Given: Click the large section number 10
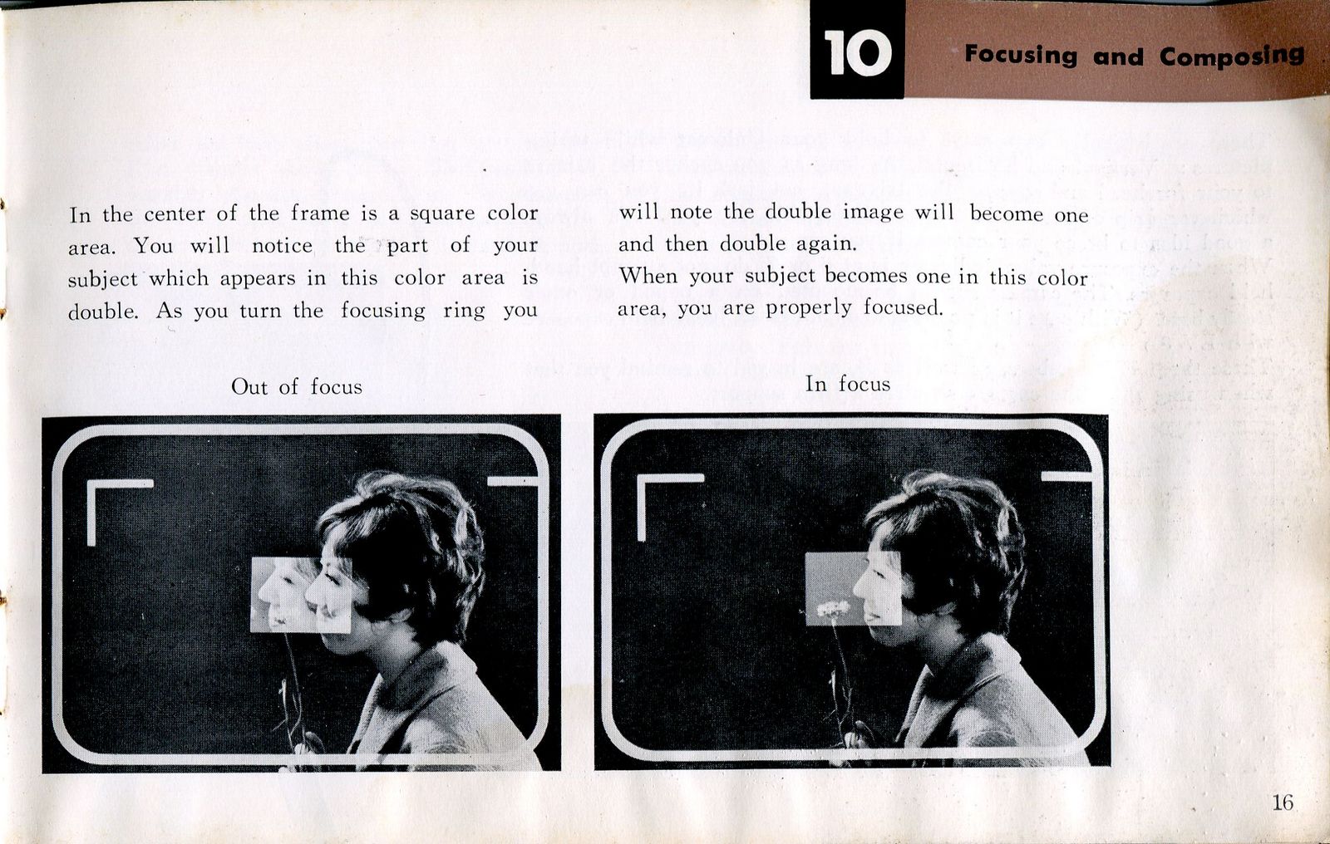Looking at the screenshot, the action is [857, 52].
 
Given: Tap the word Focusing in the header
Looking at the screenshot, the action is [1021, 55].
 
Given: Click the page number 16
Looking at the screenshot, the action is [1283, 802].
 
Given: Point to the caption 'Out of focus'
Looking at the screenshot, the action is [296, 387].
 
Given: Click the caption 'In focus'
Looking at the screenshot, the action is [847, 384].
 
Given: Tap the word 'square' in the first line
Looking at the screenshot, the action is [442, 214].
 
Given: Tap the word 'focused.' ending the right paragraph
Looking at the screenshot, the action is [903, 307].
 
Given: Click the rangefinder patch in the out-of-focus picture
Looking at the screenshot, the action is [301, 595].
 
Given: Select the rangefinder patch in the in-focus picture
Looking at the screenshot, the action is [853, 588].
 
